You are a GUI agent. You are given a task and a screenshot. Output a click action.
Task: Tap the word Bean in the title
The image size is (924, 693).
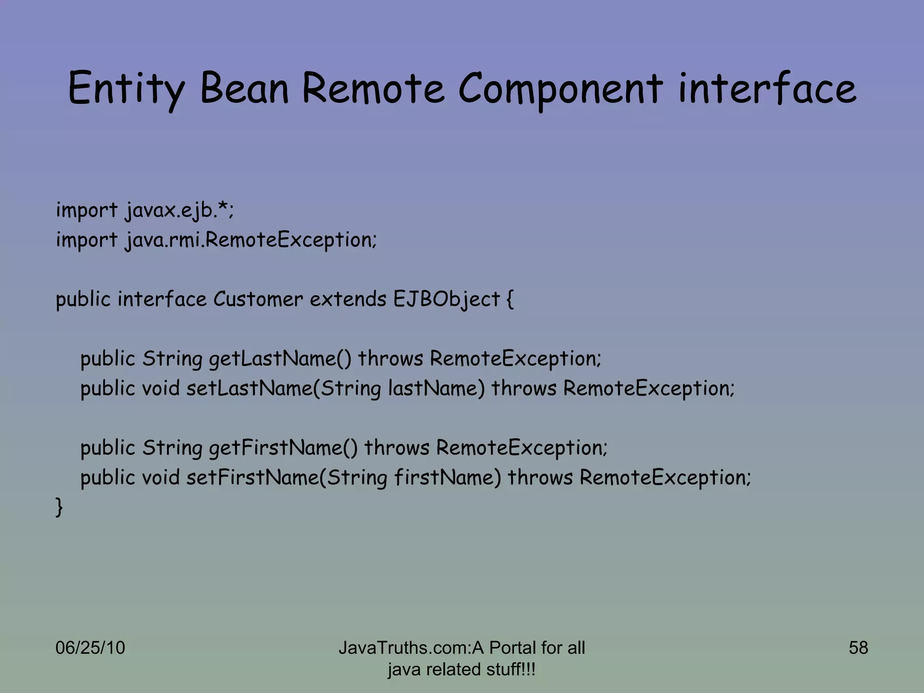244,88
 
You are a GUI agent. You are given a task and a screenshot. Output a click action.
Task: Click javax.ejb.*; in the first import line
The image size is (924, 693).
180,210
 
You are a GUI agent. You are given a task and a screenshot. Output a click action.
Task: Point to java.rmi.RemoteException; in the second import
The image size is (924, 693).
250,240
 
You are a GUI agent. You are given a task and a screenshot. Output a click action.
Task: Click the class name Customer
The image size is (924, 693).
258,299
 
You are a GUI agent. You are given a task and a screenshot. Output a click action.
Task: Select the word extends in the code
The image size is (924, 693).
348,299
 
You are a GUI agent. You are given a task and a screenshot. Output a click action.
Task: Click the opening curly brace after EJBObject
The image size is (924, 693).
510,300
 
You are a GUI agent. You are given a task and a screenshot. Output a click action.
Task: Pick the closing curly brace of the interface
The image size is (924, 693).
59,507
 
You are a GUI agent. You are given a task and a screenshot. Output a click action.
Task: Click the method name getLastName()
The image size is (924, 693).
280,359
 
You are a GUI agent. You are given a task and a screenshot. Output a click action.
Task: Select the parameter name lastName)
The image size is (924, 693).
436,388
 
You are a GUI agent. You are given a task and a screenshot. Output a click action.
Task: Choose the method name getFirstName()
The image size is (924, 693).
283,448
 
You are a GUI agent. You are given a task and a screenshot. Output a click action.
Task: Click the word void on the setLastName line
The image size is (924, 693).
161,388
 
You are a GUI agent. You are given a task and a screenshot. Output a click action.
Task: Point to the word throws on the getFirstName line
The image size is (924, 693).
397,448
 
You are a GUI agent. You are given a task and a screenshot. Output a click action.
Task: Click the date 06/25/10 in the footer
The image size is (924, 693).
90,647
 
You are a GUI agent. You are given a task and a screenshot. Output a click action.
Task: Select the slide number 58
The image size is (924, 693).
858,647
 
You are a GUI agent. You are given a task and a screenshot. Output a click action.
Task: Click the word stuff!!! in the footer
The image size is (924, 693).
511,669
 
